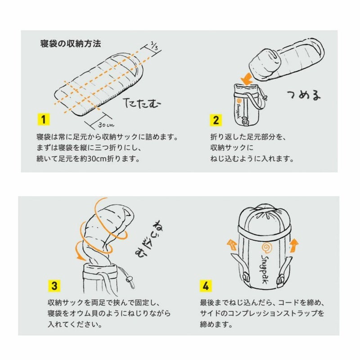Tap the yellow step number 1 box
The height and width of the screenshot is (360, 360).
click(x=43, y=120)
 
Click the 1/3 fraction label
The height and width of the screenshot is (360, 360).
click(x=154, y=45)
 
